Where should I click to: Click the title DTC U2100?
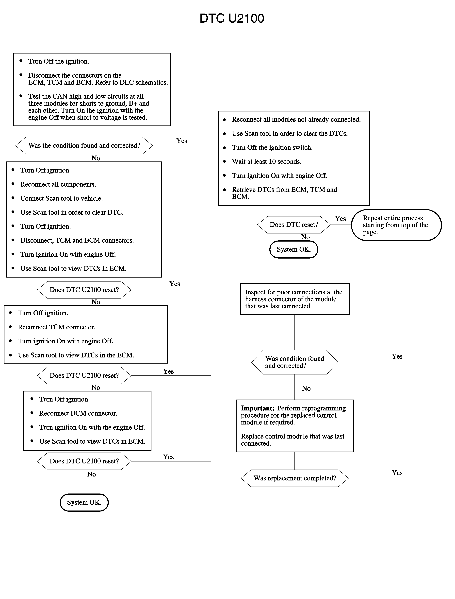[232, 18]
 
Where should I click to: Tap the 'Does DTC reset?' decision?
[294, 225]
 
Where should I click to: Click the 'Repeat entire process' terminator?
[396, 225]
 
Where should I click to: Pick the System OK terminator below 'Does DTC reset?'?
[294, 249]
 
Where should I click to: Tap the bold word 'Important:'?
[258, 408]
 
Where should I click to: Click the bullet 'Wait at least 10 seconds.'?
[266, 161]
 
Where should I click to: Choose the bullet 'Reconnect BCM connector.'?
[78, 413]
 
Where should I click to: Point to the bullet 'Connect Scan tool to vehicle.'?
[62, 198]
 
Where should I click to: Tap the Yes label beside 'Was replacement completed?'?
[397, 473]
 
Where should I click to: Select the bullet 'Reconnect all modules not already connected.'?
[296, 120]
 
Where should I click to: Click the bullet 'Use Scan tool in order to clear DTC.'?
[71, 212]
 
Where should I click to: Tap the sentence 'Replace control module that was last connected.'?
[292, 440]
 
